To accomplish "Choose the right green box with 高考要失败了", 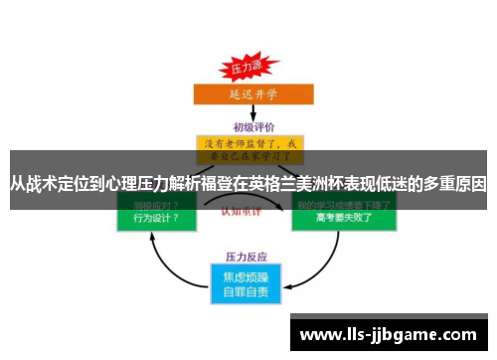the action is click(x=343, y=215).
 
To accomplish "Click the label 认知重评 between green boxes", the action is click(x=248, y=211).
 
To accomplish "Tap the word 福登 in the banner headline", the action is click(x=216, y=184).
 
